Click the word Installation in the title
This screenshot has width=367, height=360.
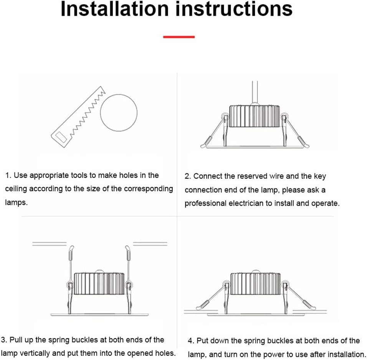(x=115, y=9)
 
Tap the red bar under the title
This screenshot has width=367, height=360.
(x=179, y=37)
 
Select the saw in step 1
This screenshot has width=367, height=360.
(x=78, y=117)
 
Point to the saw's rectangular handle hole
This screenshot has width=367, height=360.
(x=61, y=137)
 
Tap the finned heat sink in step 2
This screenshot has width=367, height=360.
(x=255, y=116)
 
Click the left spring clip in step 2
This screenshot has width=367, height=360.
(x=214, y=131)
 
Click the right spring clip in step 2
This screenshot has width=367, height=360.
(x=295, y=131)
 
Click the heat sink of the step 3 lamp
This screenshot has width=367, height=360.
(x=99, y=284)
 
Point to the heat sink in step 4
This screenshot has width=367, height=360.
(x=256, y=284)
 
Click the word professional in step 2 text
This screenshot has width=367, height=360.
(x=205, y=203)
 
